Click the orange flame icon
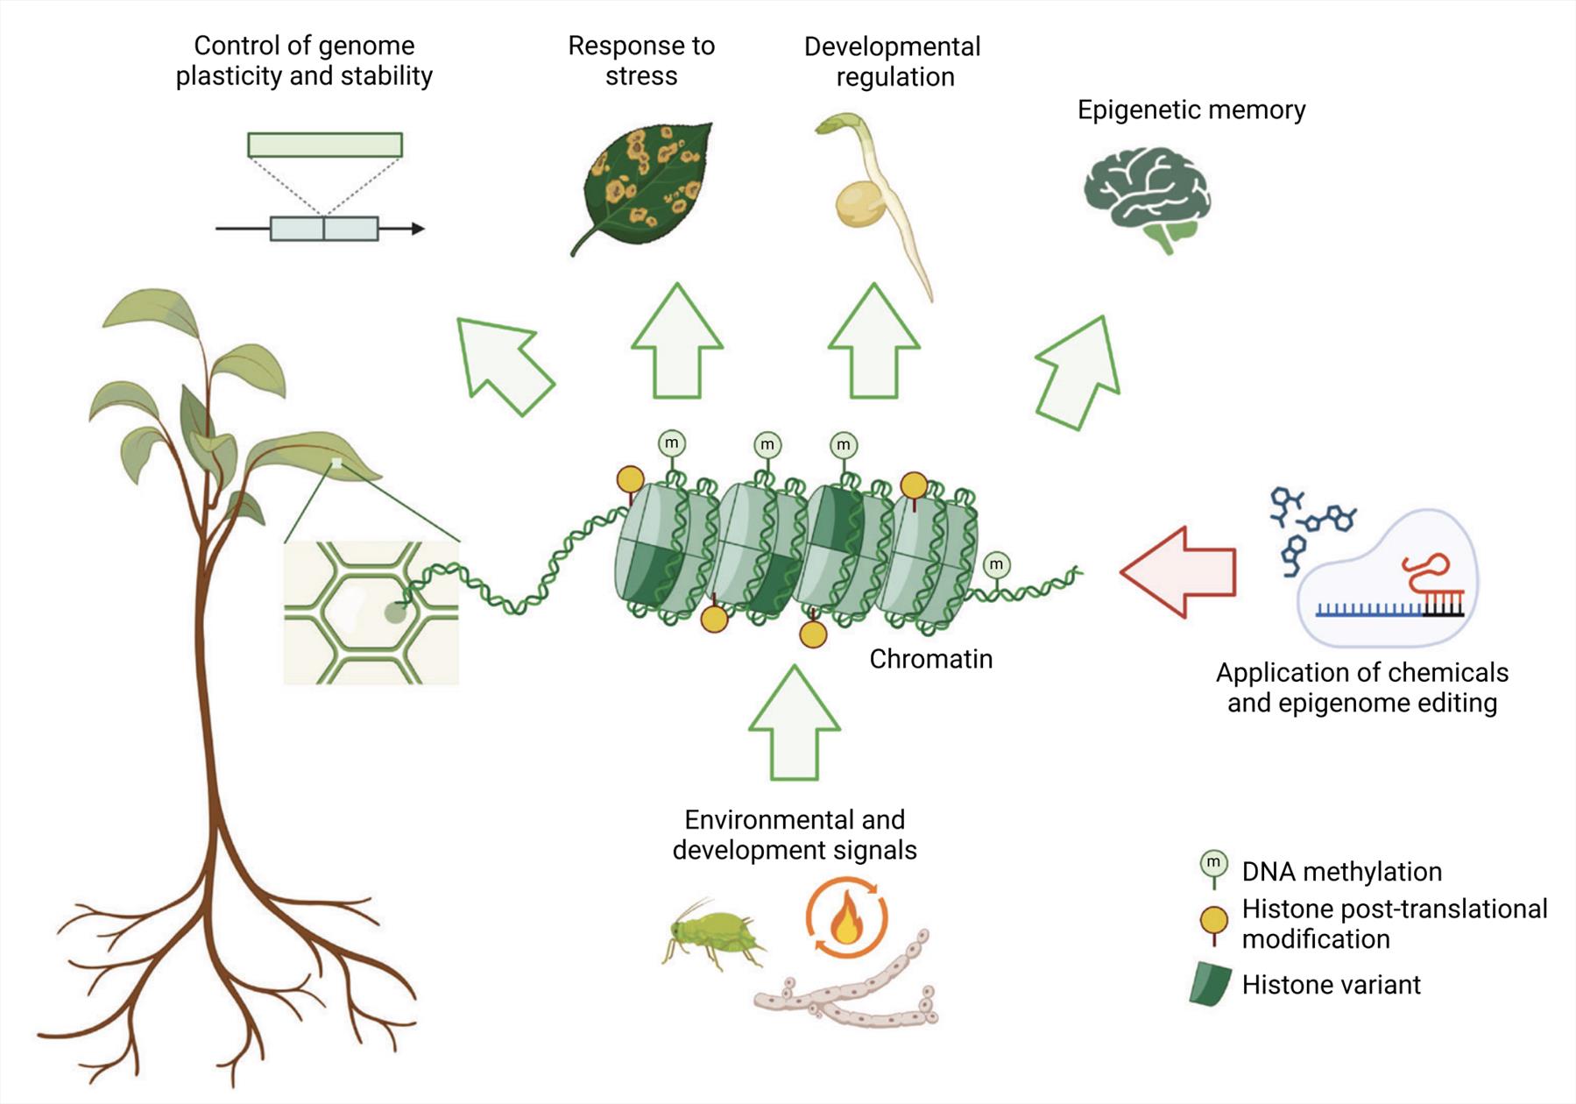(846, 920)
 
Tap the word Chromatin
(930, 659)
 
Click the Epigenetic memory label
(1191, 110)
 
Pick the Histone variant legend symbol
(1212, 984)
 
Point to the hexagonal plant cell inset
(371, 612)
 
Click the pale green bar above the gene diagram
(325, 145)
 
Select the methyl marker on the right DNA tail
(996, 566)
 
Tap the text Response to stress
(641, 60)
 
